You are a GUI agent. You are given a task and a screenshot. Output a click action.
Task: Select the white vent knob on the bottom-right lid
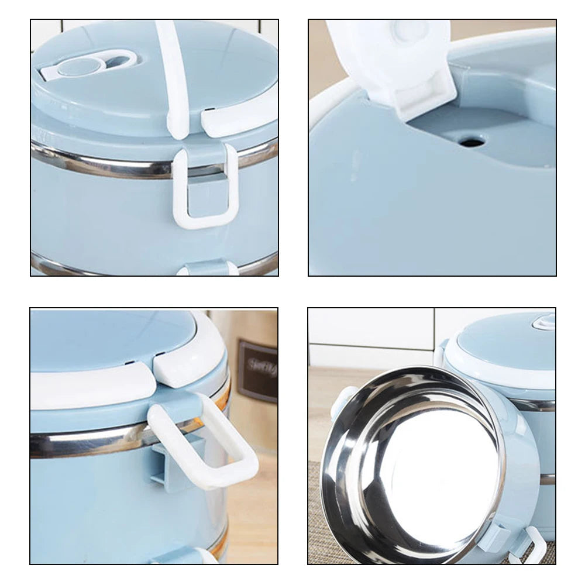click(x=543, y=321)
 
